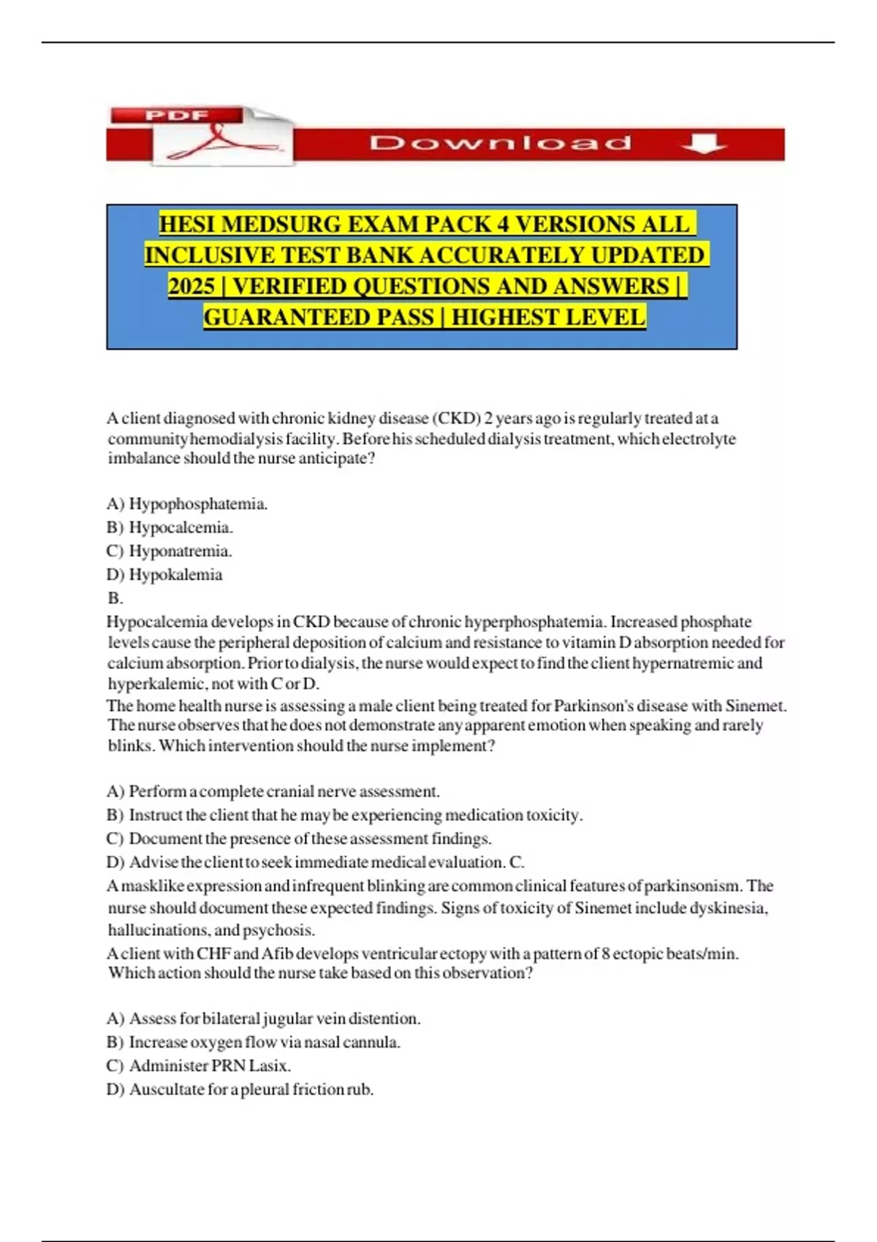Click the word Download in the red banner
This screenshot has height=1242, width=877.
(x=501, y=142)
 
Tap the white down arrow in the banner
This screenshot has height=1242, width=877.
(x=702, y=143)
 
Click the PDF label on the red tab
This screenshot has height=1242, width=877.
(x=177, y=115)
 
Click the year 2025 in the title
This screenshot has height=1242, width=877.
(x=191, y=286)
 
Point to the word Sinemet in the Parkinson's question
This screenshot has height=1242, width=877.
(x=755, y=706)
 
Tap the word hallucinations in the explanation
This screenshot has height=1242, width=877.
(x=158, y=930)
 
